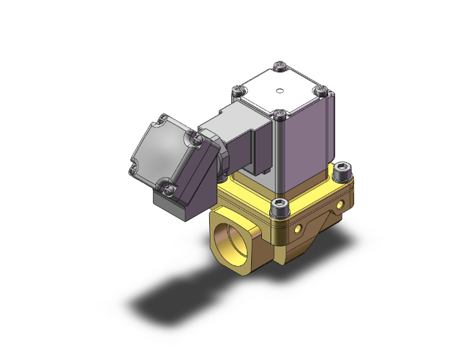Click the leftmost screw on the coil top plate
(237, 91)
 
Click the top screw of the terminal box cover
(163, 118)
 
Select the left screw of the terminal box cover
(132, 167)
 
